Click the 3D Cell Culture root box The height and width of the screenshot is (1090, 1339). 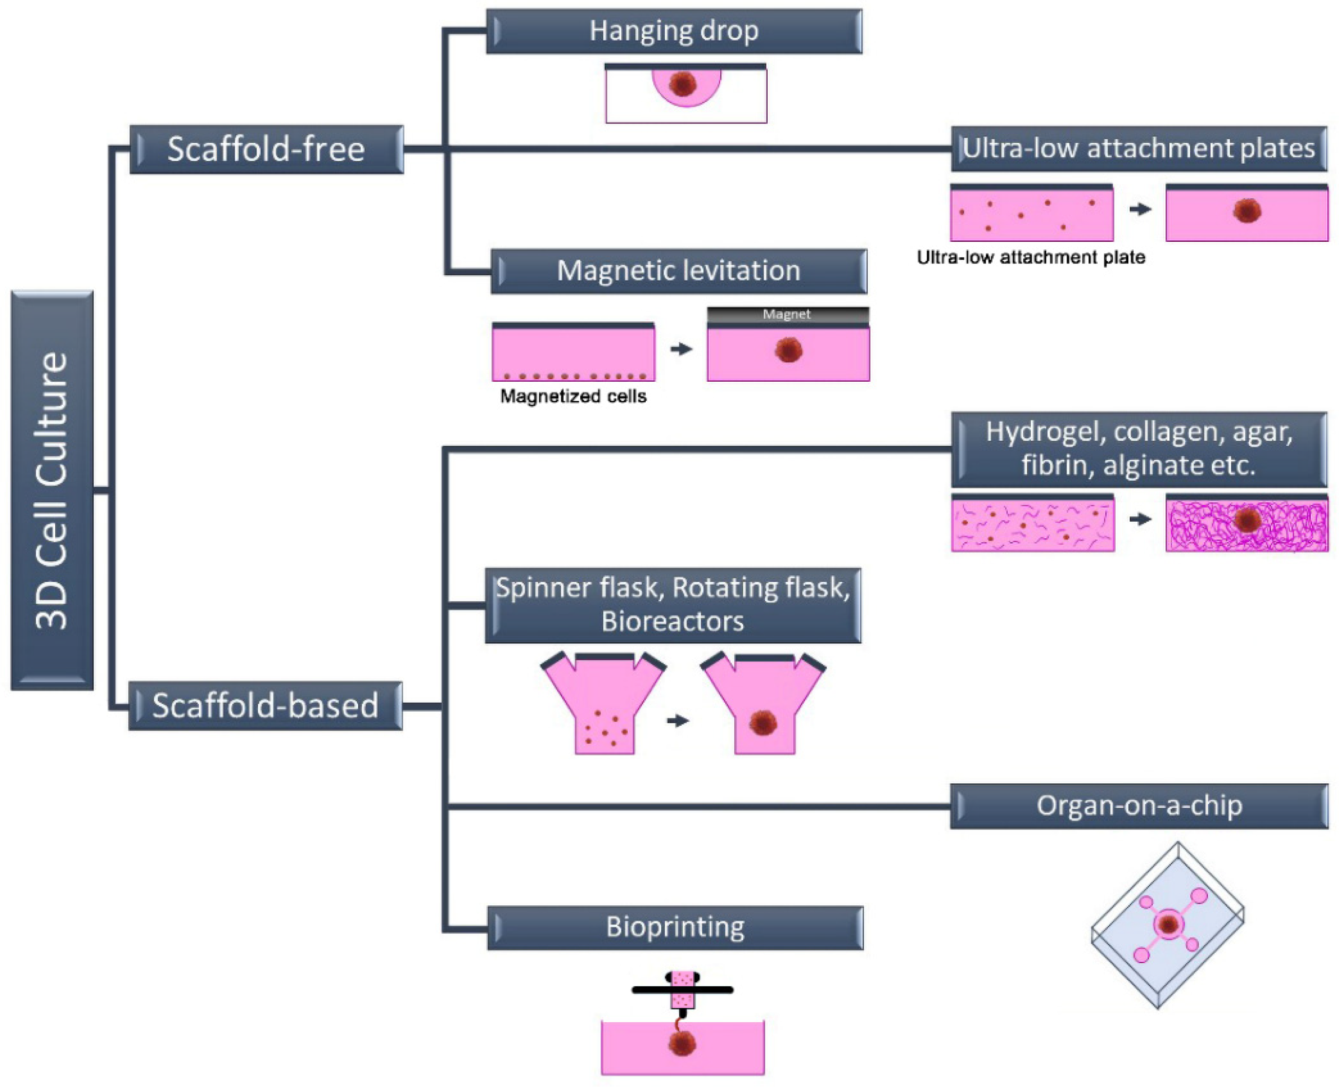coord(52,490)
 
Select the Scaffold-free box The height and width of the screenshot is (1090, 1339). coord(266,149)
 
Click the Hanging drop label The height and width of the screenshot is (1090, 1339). coord(674,31)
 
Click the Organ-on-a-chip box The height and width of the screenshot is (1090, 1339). coord(1138,805)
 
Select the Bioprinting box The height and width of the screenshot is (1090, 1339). coord(675,927)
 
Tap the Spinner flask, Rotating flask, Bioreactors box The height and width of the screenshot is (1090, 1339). coord(673,605)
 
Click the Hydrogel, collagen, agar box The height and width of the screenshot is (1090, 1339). coord(1138,449)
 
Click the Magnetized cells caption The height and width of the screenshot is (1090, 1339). coord(573,397)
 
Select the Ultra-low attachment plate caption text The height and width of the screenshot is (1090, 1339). coord(1031,257)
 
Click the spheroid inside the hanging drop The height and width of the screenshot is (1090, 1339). coord(684,83)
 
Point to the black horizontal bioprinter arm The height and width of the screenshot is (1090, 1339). coord(682,990)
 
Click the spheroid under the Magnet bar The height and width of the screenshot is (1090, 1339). coord(788,349)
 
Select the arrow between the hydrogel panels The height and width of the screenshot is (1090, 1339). coord(1140,519)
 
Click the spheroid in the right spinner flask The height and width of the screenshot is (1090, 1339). coord(763,723)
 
